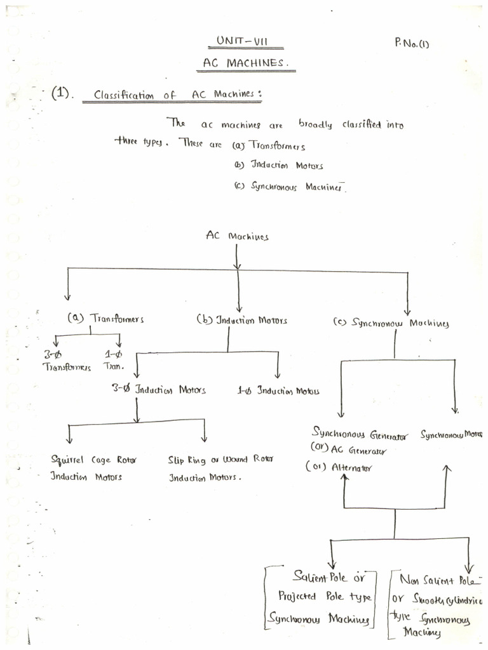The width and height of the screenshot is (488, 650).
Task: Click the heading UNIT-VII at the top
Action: pyautogui.click(x=242, y=41)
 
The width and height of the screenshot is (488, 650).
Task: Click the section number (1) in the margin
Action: pyautogui.click(x=63, y=94)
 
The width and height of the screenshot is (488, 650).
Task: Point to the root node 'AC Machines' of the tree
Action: pyautogui.click(x=237, y=235)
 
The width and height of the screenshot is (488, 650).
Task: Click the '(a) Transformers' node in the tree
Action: pyautogui.click(x=105, y=319)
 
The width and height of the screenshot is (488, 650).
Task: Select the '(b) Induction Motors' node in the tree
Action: pyautogui.click(x=241, y=320)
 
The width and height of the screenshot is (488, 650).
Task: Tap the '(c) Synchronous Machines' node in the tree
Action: pyautogui.click(x=391, y=322)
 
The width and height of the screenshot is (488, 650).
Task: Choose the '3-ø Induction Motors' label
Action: pyautogui.click(x=159, y=389)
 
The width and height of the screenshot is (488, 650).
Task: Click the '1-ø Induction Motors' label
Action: pyautogui.click(x=278, y=390)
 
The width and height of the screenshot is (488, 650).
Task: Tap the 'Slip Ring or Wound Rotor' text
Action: pyautogui.click(x=220, y=460)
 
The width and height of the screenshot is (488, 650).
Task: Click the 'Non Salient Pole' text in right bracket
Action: pyautogui.click(x=438, y=580)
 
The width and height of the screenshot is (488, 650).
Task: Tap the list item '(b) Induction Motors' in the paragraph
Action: pyautogui.click(x=278, y=166)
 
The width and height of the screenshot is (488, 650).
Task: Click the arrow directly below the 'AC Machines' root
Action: pyautogui.click(x=237, y=257)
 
